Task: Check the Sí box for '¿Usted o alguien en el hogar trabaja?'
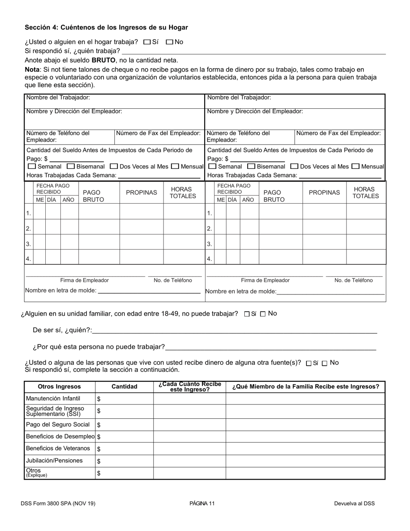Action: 147,42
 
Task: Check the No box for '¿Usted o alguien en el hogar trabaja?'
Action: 170,42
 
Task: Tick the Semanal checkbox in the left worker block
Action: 32,166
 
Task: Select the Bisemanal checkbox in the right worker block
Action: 251,166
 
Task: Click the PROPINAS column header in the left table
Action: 141,193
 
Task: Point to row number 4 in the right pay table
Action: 209,259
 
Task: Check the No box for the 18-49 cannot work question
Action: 263,314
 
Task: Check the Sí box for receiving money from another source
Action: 309,363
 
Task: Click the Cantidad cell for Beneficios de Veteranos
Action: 124,449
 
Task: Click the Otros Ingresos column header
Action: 60,387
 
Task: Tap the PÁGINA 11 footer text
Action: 202,503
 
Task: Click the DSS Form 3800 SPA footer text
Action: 58,503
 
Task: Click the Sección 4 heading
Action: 106,27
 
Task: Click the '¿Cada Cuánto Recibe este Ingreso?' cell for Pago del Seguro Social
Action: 189,425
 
